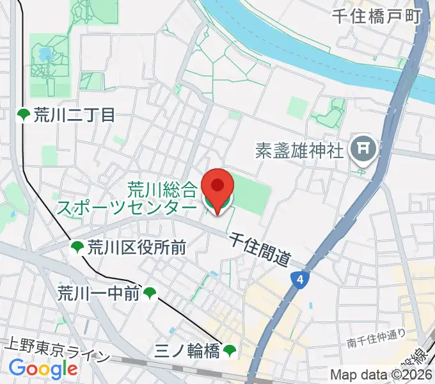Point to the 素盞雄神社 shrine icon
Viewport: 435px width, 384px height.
click(x=361, y=150)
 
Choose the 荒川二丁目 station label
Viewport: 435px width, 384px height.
click(x=74, y=115)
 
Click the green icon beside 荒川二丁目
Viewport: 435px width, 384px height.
click(x=24, y=115)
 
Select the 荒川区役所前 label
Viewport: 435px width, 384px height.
click(x=137, y=247)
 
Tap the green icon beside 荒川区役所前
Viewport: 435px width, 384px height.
click(x=77, y=247)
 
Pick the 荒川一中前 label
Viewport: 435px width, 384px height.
click(x=99, y=294)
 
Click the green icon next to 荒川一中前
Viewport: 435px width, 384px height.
click(x=150, y=294)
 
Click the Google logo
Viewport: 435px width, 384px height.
click(x=43, y=369)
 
